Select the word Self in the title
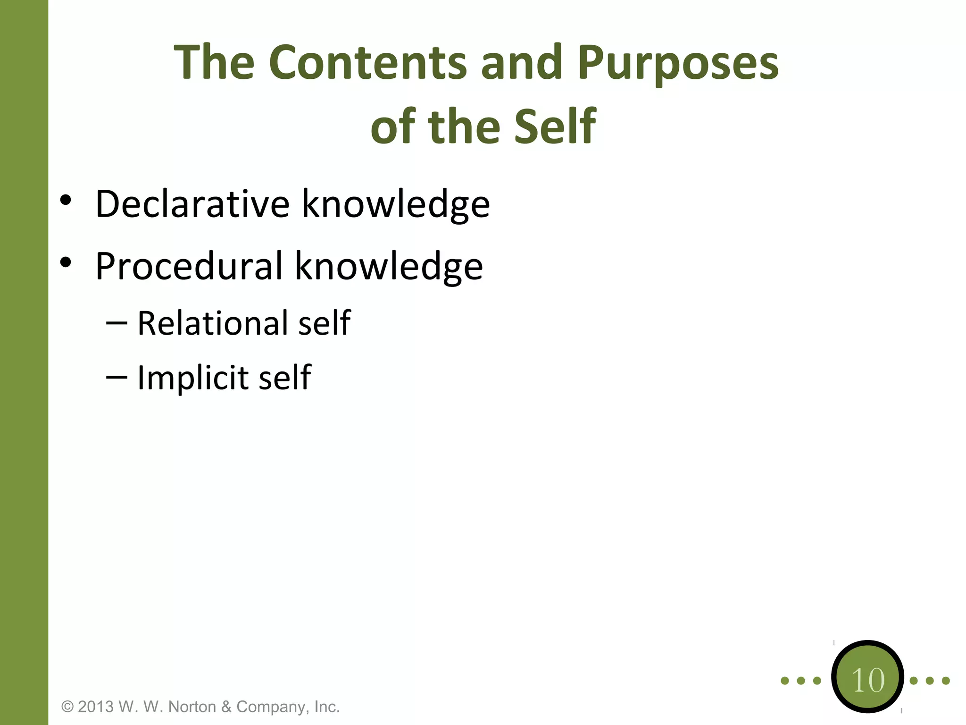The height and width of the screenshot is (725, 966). (555, 126)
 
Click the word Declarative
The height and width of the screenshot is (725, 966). (192, 204)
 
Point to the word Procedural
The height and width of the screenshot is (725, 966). (189, 266)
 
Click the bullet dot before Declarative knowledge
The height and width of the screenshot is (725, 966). (66, 200)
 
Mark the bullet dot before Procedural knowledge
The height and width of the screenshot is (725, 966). (66, 262)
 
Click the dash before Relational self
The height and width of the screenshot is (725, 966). (117, 323)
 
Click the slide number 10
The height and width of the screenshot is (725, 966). (868, 680)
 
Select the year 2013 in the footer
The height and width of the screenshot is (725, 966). (96, 707)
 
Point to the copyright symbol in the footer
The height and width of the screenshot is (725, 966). (68, 707)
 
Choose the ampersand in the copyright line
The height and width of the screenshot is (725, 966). (226, 707)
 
